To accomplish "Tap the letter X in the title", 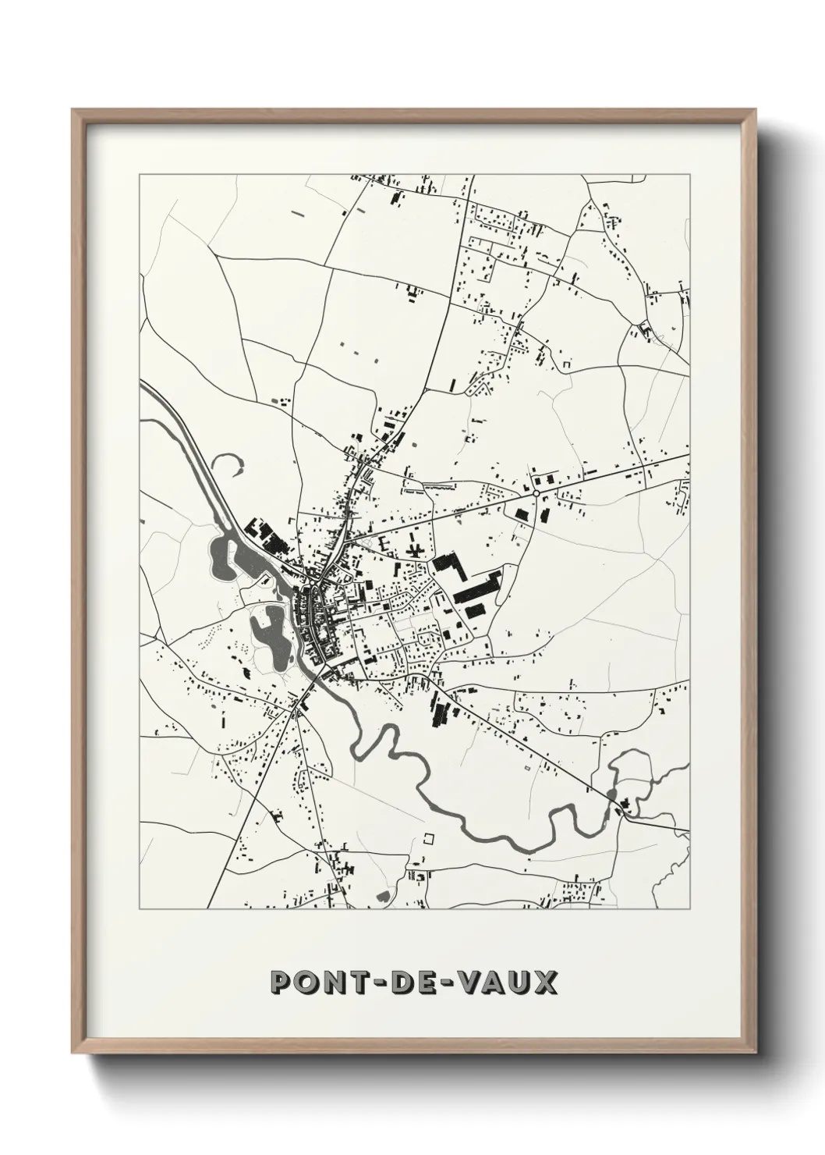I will click(x=546, y=982).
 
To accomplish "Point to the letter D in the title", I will click(x=395, y=982).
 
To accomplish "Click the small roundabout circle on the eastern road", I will click(x=536, y=493).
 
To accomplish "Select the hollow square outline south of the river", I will click(x=427, y=839).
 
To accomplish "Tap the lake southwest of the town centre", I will click(x=267, y=626).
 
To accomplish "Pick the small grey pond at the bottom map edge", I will click(x=384, y=897).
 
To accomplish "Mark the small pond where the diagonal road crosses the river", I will click(x=612, y=794).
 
